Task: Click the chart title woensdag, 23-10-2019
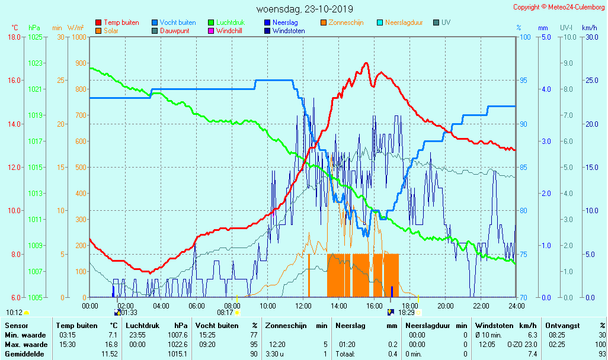coord(305,9)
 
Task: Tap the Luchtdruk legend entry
coord(234,22)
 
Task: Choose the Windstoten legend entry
coord(289,31)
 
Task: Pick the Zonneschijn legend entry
coord(345,22)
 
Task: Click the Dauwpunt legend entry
coord(175,31)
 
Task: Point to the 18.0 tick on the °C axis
coord(14,37)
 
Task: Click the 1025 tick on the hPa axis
coord(35,37)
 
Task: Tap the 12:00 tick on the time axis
coord(303,306)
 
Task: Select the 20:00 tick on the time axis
coord(446,306)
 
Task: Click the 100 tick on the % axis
coord(524,37)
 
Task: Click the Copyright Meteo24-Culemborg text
coord(559,7)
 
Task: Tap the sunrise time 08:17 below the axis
coord(225,313)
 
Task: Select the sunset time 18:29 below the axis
coord(407,313)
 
